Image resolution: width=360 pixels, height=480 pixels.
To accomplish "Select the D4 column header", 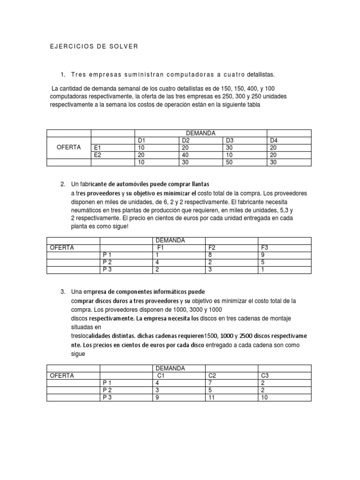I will [274, 140].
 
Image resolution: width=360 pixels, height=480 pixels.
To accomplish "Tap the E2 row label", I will [98, 155].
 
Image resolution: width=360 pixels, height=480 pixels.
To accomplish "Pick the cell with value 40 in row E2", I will [185, 155].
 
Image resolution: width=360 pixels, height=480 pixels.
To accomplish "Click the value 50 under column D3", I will [231, 162].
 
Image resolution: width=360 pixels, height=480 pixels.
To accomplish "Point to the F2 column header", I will [212, 247].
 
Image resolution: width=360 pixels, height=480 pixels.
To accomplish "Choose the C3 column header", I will [265, 376].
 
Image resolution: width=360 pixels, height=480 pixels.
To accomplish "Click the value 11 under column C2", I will [212, 397].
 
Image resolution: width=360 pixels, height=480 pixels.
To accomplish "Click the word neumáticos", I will [86, 210].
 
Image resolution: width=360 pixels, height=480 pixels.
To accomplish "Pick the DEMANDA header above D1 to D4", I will [201, 133].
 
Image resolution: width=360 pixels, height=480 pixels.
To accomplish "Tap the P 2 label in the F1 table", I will [107, 262].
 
